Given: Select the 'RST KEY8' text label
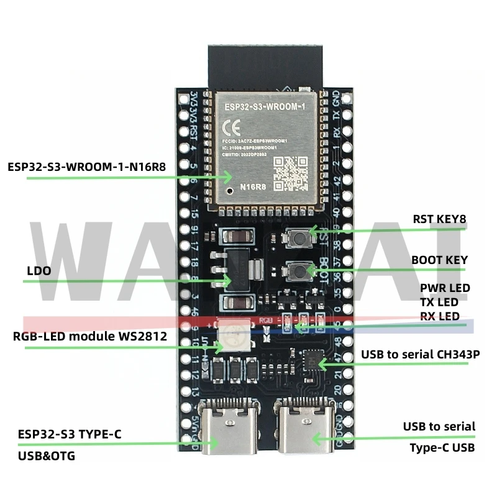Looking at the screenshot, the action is click(439, 219).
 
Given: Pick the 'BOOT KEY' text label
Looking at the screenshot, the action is click(439, 260).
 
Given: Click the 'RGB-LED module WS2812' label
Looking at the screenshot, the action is click(89, 337).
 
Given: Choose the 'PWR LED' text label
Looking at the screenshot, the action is click(445, 288).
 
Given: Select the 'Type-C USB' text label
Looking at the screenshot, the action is click(442, 447).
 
